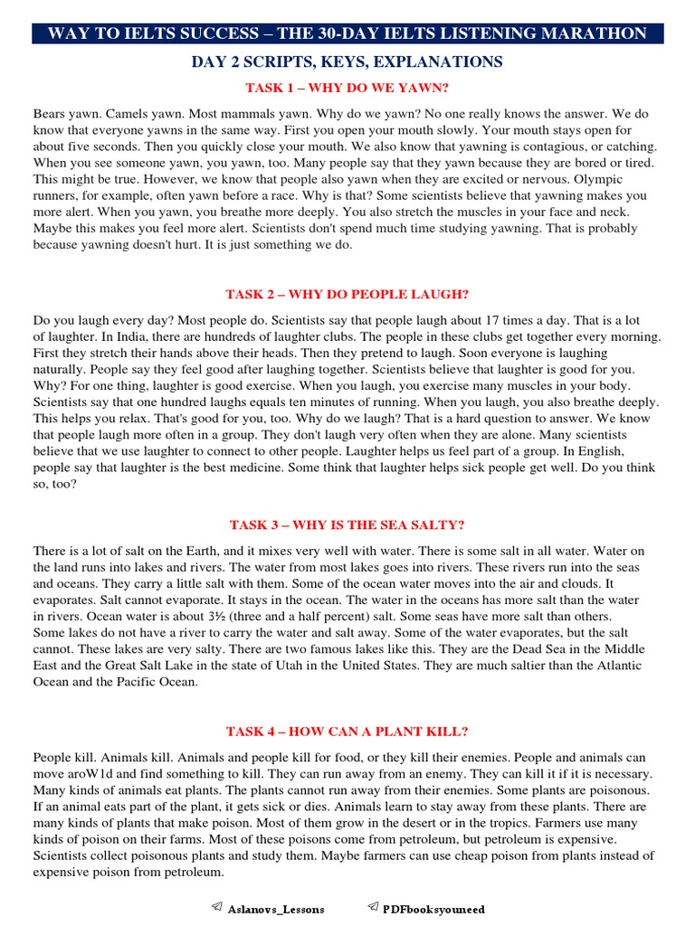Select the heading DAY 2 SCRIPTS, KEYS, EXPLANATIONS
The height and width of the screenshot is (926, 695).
pos(347,62)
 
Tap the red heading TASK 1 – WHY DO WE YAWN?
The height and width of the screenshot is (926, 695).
pos(347,88)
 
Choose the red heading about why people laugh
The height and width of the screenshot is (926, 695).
pos(347,295)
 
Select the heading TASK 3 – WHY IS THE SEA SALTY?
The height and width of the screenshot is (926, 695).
pos(347,525)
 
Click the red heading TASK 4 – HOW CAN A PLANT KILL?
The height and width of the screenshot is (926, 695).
pos(347,732)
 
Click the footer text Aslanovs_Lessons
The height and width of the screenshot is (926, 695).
pos(275,909)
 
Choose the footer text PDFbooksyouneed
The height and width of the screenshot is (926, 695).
pos(433,909)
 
